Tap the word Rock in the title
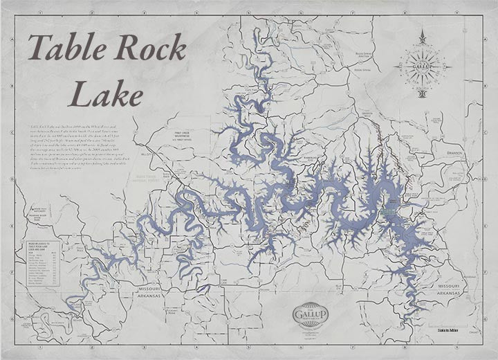pyautogui.click(x=149, y=50)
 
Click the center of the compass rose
pyautogui.click(x=423, y=66)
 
